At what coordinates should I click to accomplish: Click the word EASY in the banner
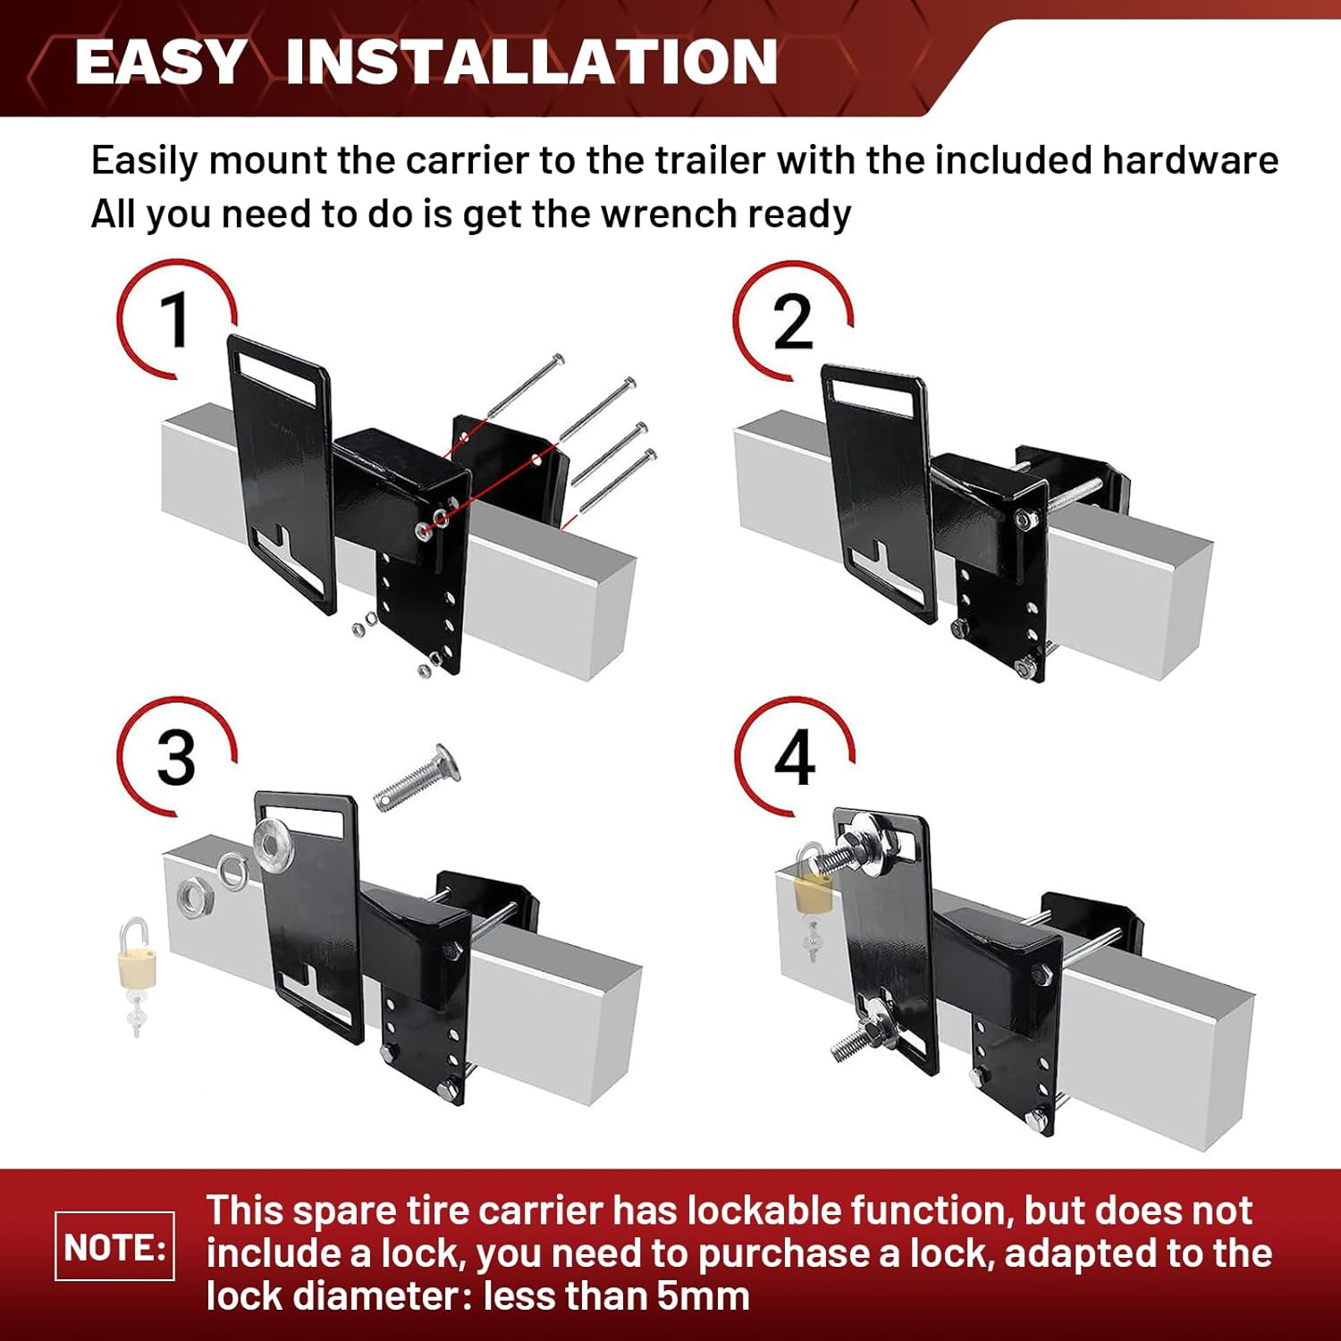tap(160, 62)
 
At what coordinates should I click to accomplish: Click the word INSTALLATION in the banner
tap(532, 62)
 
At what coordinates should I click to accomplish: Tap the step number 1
tap(174, 319)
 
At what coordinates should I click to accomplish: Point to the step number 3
tap(176, 758)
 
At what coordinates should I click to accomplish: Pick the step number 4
tap(794, 758)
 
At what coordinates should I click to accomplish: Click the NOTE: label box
tap(114, 1246)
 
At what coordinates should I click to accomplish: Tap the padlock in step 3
tap(137, 974)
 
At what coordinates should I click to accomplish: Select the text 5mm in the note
tap(703, 1295)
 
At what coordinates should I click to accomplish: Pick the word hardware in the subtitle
tap(1189, 161)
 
